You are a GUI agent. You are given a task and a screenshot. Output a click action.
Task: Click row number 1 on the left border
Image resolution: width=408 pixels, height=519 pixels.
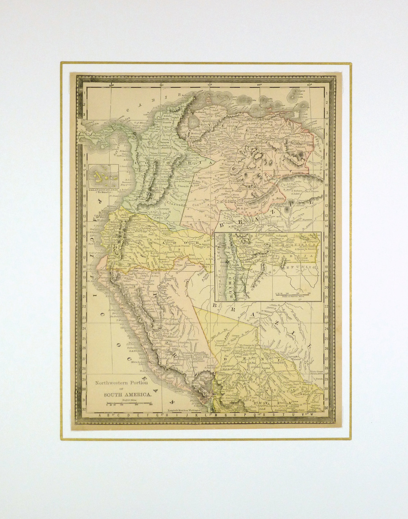(85, 93)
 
